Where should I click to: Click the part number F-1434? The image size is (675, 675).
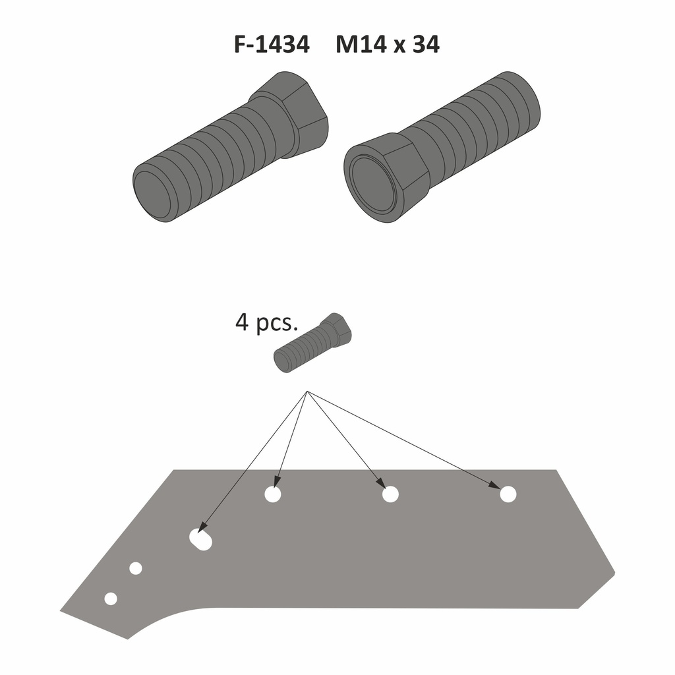point(272,44)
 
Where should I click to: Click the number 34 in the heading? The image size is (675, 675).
point(426,44)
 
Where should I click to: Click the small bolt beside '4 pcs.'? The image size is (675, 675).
point(313,343)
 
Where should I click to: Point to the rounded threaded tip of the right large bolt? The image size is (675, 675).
point(522,100)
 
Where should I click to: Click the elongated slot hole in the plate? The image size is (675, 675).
point(201,539)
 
